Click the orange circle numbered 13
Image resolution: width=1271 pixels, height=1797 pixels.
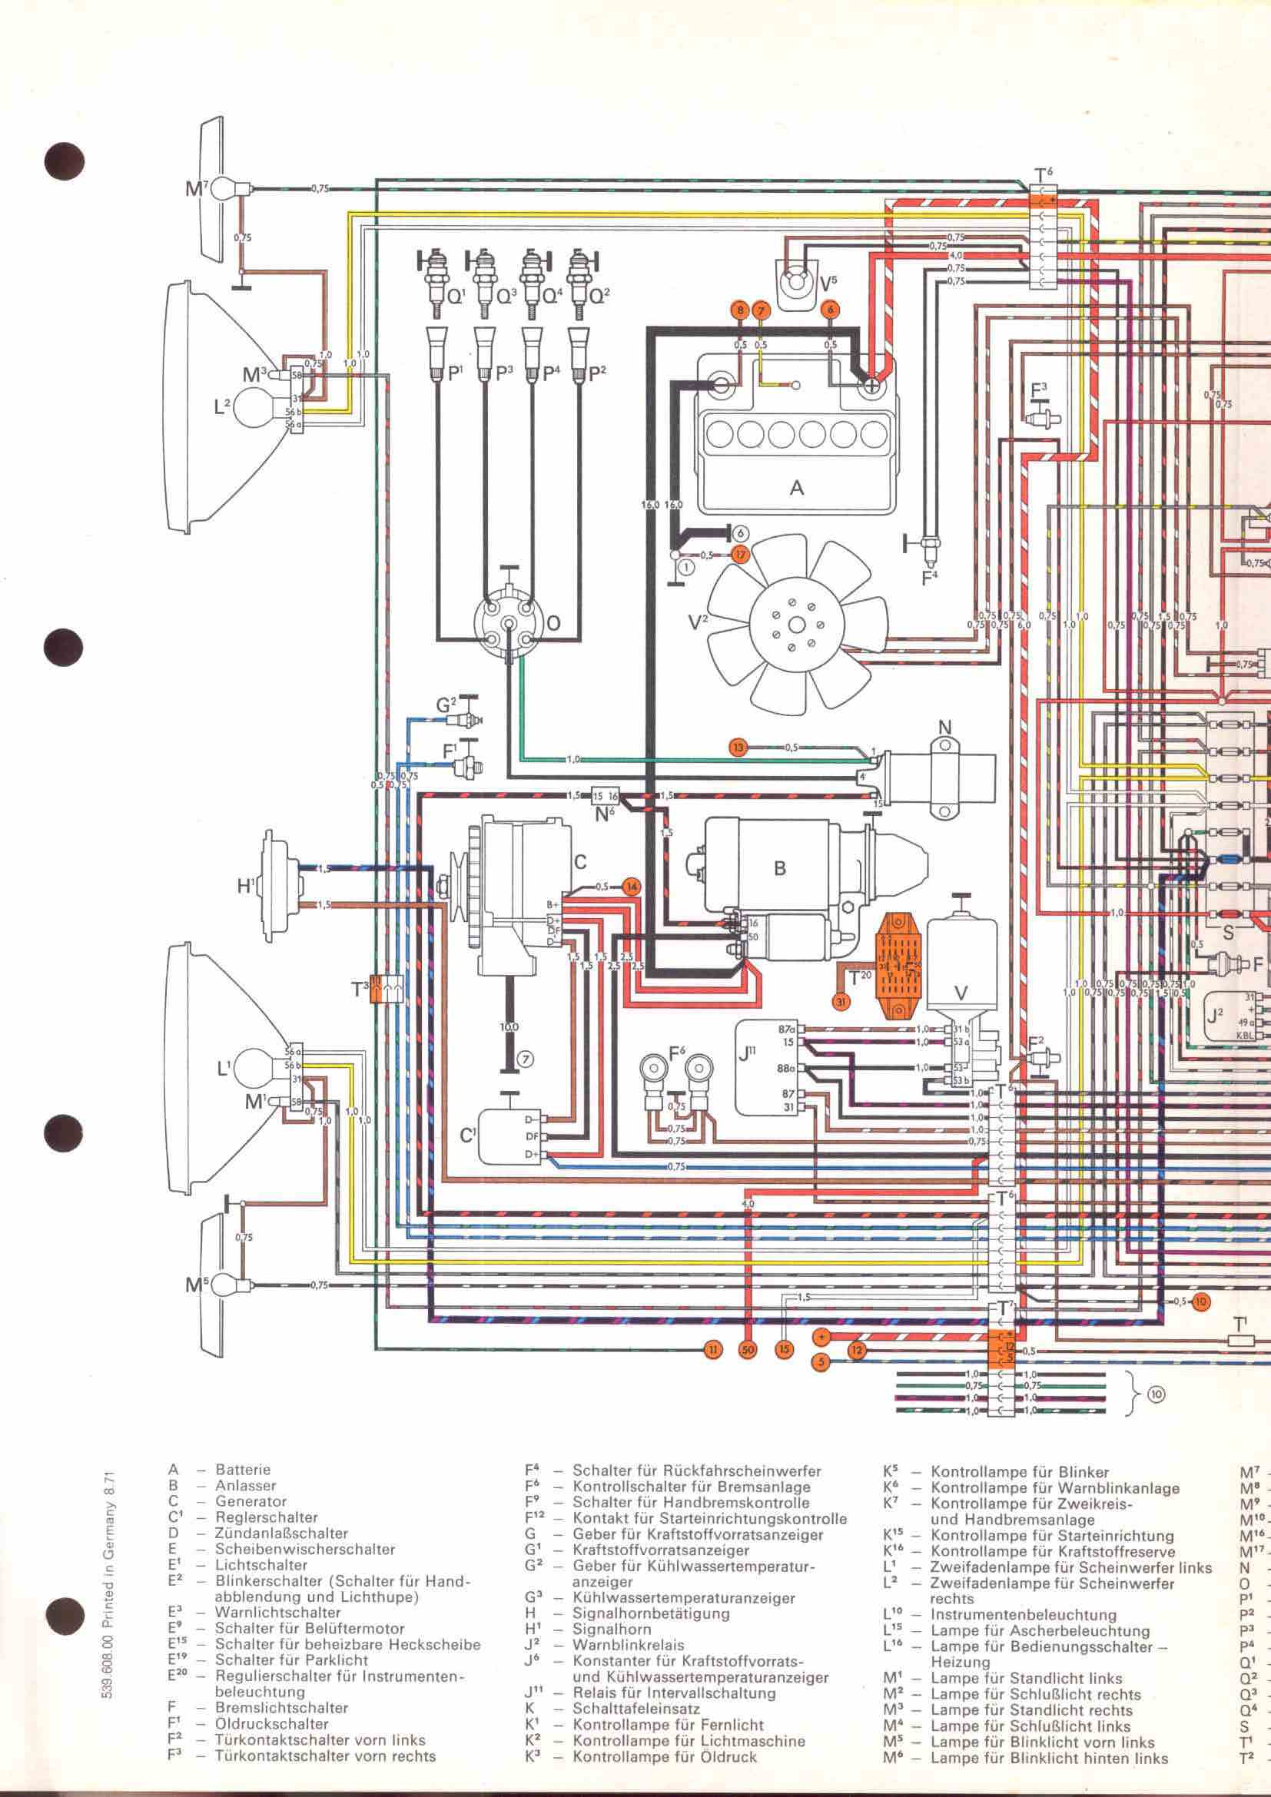pyautogui.click(x=737, y=748)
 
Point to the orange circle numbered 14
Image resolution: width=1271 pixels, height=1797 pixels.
pyautogui.click(x=630, y=887)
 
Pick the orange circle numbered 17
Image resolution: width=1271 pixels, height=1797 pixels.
pyautogui.click(x=739, y=555)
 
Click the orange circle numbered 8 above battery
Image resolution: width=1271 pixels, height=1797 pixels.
pyautogui.click(x=738, y=310)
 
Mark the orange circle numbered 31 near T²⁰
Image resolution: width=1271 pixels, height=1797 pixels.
pyautogui.click(x=841, y=1001)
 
